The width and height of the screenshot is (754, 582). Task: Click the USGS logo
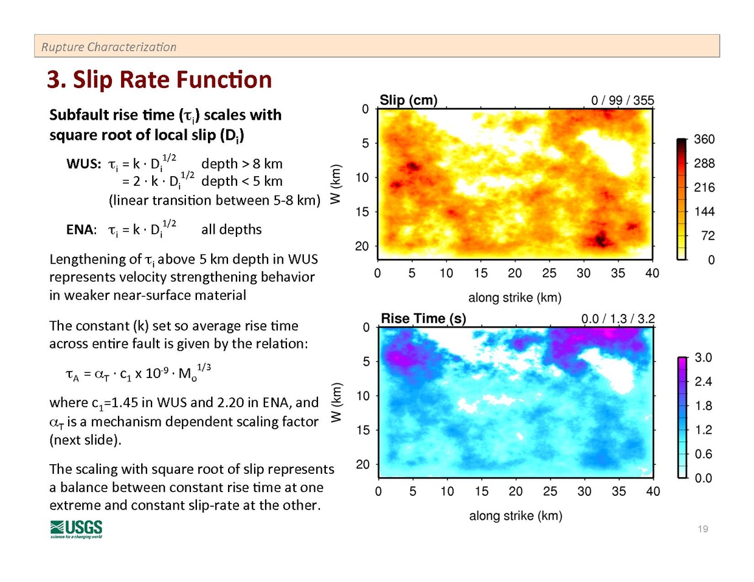(76, 529)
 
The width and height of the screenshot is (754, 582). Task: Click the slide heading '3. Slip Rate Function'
(159, 80)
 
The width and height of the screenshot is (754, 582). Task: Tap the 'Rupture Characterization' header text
(108, 47)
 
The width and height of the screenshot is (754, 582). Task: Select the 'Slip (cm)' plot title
(408, 100)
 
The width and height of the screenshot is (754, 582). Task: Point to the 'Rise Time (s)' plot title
(423, 319)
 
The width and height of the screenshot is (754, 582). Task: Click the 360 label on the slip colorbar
(703, 140)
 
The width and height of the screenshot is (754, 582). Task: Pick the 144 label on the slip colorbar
(703, 212)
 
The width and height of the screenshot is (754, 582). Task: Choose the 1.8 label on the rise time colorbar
(703, 406)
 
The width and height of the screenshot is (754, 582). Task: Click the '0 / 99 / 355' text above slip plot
(623, 100)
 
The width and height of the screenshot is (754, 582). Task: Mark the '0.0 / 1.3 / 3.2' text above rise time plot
(618, 319)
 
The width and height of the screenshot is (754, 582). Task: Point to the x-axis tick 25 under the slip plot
(549, 273)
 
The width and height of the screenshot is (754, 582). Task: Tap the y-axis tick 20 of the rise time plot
(363, 464)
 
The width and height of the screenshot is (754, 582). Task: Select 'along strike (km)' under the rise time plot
(515, 516)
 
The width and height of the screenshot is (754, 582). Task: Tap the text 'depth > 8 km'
(242, 164)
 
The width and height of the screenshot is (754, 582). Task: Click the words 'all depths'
(232, 230)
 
